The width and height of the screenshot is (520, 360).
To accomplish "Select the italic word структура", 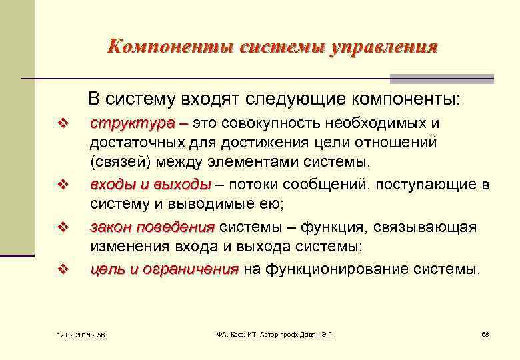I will pos(132,124).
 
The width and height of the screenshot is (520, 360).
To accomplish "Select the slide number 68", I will pos(485,333).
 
